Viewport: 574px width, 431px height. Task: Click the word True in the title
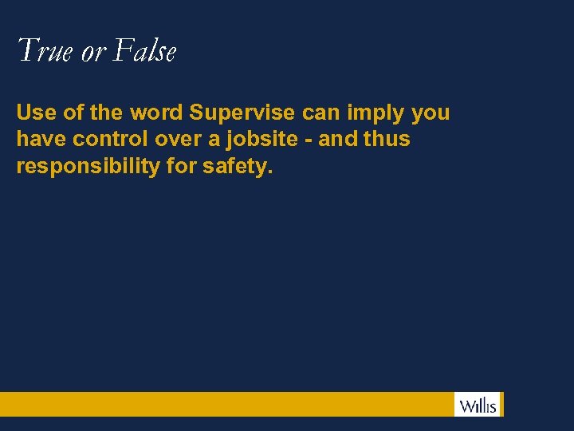[45, 52]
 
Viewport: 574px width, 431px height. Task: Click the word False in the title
[144, 52]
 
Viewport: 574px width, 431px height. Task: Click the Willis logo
[478, 405]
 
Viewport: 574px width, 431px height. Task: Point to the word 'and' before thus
[338, 139]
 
